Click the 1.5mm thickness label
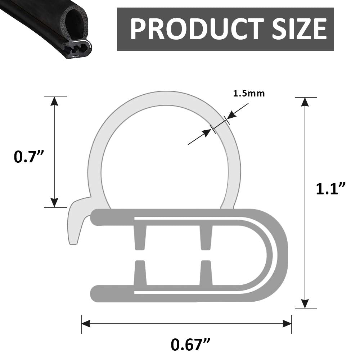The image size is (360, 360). pos(249,94)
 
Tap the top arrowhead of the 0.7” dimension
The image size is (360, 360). pos(54,101)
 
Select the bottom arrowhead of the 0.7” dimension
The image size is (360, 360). pos(54,203)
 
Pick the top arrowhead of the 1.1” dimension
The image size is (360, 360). pos(305,102)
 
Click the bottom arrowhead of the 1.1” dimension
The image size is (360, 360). pos(305,303)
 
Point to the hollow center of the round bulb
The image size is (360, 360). pos(164,155)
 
